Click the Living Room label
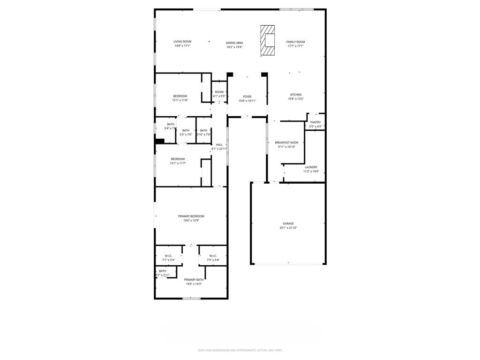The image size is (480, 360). [182, 42]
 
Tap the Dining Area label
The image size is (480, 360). [234, 43]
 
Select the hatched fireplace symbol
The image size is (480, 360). [268, 41]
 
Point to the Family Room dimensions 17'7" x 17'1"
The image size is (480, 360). [296, 46]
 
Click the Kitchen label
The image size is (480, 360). [296, 95]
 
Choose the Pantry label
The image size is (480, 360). [315, 122]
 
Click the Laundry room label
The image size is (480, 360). [311, 167]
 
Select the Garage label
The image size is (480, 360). [288, 224]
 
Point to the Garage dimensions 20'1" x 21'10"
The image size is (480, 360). [288, 228]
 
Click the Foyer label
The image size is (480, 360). [247, 97]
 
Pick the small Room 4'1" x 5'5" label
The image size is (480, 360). [219, 92]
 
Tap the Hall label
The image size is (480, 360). [219, 144]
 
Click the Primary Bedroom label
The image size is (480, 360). [191, 216]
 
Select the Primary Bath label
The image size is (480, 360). [194, 279]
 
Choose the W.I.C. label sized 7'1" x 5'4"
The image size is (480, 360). [168, 256]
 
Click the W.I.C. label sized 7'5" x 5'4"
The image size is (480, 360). [213, 256]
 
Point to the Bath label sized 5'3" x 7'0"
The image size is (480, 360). [186, 130]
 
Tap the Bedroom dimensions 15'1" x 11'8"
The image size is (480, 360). [180, 100]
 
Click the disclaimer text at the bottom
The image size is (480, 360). [240, 350]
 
